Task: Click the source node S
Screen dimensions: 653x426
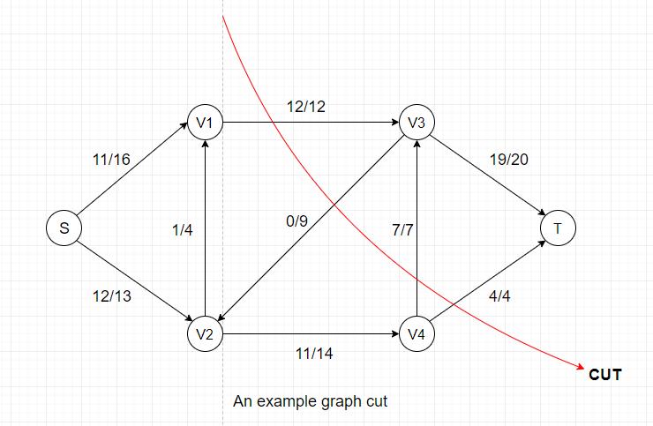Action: (64, 228)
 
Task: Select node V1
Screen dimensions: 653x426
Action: (205, 122)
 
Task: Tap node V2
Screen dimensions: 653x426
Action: (205, 333)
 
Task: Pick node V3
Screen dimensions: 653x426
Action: (417, 122)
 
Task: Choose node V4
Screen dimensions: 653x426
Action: (417, 333)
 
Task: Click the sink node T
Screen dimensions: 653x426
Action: (558, 228)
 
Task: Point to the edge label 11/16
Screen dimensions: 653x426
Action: (111, 159)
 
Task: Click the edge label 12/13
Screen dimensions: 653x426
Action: (111, 296)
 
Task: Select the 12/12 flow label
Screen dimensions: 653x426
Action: (306, 107)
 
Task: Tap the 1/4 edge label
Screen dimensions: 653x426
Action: (183, 230)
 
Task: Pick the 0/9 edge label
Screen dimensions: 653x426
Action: (296, 220)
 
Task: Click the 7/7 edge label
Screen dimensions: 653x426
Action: (402, 230)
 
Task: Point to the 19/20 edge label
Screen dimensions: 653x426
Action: (509, 159)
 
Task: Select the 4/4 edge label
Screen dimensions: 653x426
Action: (499, 296)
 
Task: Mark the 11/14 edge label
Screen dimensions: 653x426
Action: (314, 354)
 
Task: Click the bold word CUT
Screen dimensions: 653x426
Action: (605, 374)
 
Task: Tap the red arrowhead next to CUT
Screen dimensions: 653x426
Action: (581, 366)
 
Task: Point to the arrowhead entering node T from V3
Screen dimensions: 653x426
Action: (542, 213)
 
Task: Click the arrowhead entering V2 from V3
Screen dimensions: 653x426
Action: (221, 318)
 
